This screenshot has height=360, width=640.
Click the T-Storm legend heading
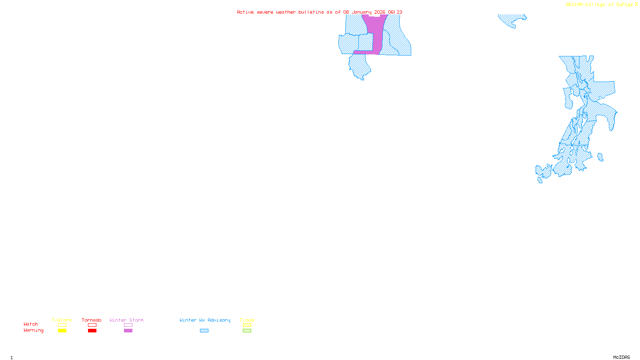62,320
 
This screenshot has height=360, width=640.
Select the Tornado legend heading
92,320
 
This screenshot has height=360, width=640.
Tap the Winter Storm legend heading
126,320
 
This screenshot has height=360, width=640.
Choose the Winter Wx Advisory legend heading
205,320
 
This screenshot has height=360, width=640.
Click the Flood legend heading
247,320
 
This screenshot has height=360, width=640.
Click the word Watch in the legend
31,324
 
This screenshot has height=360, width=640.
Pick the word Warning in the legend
34,330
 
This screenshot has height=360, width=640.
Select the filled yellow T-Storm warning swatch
62,331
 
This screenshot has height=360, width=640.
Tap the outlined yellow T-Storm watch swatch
62,325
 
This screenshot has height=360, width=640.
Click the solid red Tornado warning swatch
92,331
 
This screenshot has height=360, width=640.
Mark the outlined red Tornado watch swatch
92,325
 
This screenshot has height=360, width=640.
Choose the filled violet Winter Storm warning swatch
128,331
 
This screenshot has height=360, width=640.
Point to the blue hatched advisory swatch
204,331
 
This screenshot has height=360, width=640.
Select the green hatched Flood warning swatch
247,331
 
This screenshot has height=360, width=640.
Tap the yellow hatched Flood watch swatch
247,325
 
